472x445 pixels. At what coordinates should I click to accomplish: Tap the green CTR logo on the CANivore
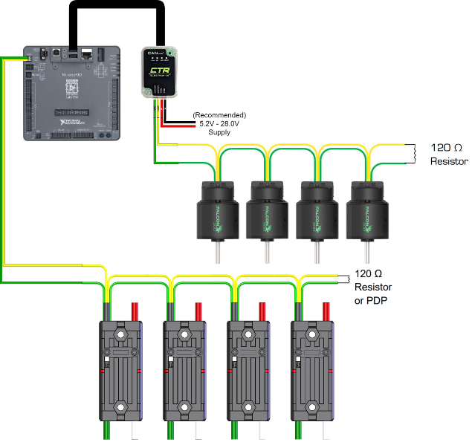pyautogui.click(x=160, y=72)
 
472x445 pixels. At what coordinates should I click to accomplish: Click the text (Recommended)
pyautogui.click(x=219, y=115)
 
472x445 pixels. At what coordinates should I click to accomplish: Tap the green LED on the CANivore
pyautogui.click(x=169, y=53)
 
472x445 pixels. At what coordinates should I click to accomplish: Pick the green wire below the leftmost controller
pyautogui.click(x=107, y=430)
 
